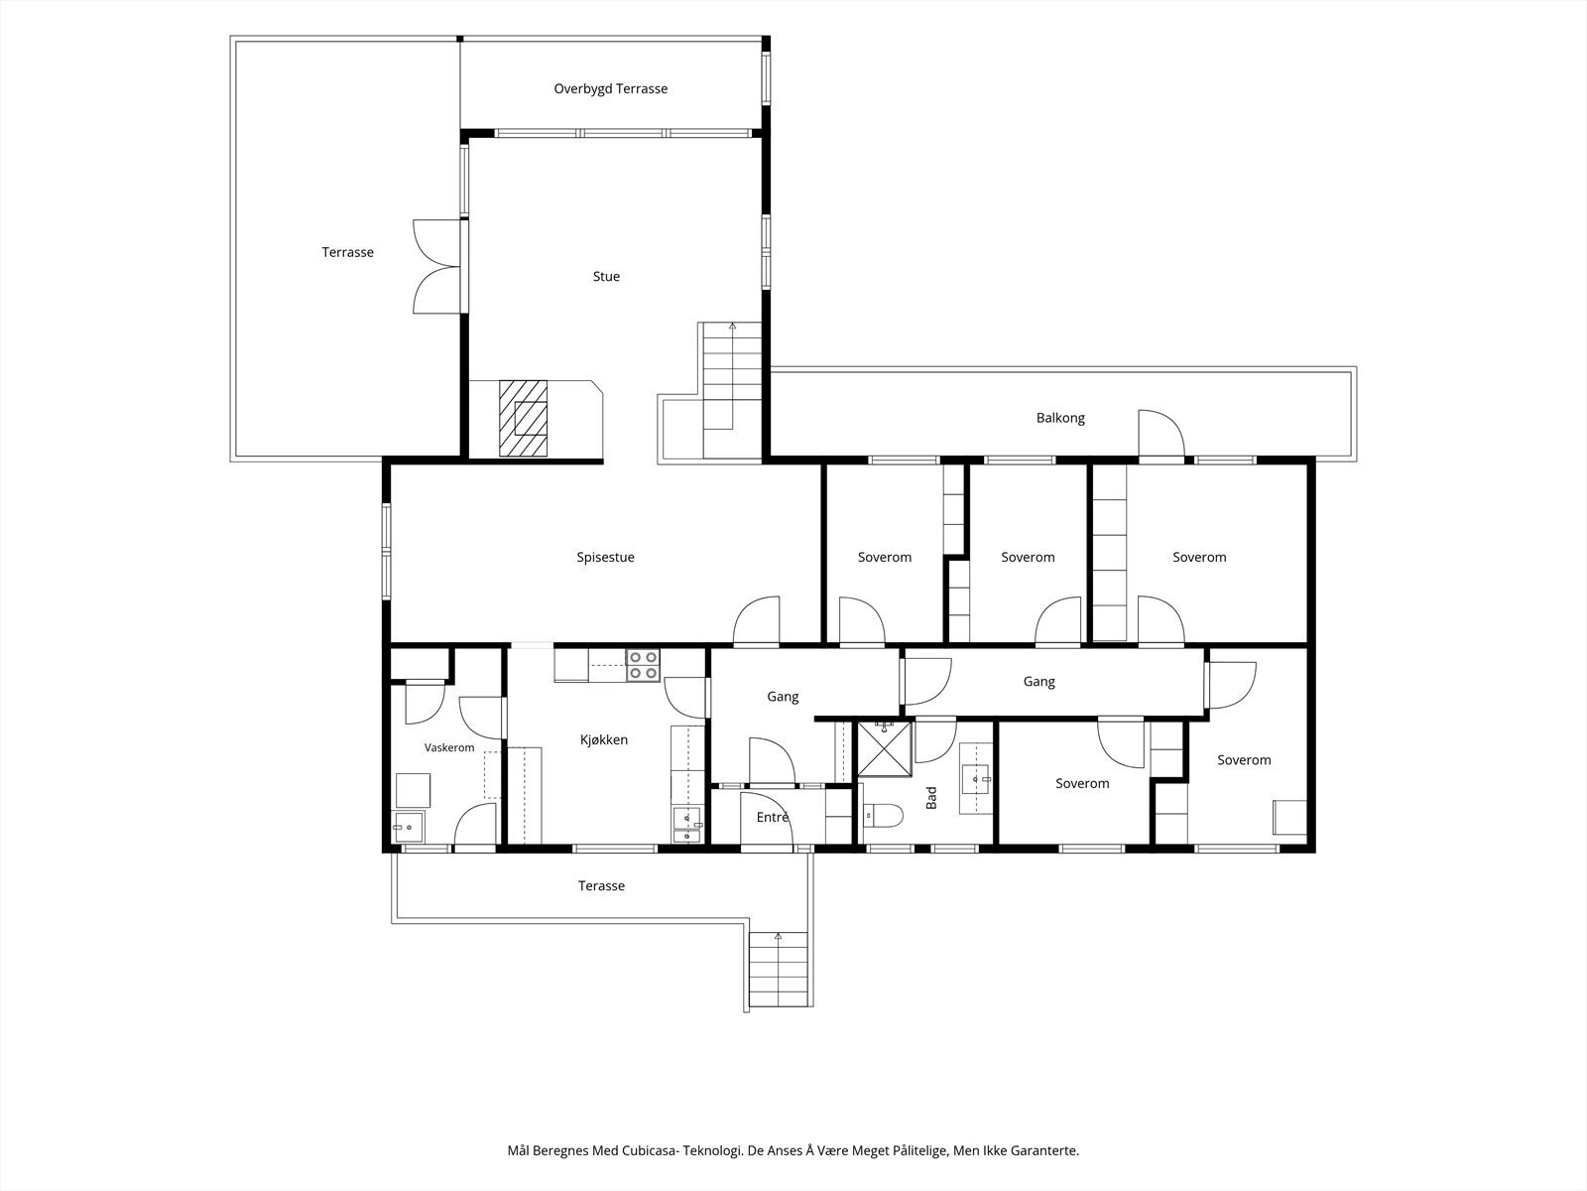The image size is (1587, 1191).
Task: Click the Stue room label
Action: (x=606, y=276)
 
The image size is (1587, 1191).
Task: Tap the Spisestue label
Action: (x=605, y=558)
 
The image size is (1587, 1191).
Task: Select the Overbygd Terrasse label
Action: (x=610, y=89)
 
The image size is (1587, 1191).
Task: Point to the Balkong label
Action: (x=1060, y=418)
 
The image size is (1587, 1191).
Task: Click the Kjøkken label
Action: (x=604, y=739)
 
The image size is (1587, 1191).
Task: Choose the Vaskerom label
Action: (x=449, y=747)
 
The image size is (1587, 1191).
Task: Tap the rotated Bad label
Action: (x=931, y=798)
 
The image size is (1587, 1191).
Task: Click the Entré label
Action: (x=772, y=817)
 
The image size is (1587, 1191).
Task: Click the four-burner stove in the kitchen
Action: (x=643, y=665)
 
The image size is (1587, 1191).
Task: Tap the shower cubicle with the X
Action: (x=885, y=749)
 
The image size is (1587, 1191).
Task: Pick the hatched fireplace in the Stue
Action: (x=524, y=419)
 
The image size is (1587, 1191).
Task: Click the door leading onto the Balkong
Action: (x=1161, y=434)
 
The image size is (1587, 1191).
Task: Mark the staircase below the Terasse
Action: (x=778, y=969)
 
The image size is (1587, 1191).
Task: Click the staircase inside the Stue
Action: (x=732, y=390)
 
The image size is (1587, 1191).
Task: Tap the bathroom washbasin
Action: (x=976, y=779)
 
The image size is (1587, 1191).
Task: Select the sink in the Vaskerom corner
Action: (x=408, y=828)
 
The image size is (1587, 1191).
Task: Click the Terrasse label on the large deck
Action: (x=348, y=252)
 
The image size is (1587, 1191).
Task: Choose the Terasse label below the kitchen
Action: (x=601, y=886)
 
